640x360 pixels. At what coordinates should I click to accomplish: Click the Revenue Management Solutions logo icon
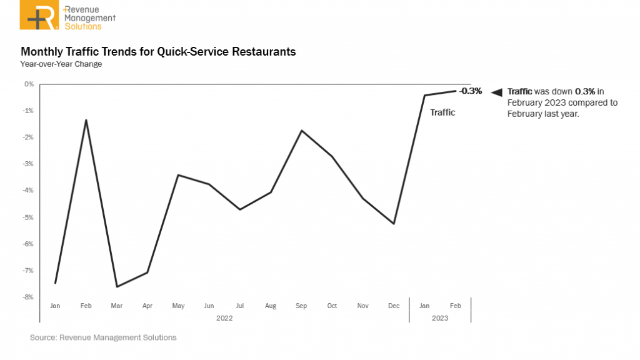pyautogui.click(x=41, y=16)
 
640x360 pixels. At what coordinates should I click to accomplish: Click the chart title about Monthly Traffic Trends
pyautogui.click(x=158, y=51)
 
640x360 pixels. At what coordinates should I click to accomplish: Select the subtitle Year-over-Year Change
pyautogui.click(x=61, y=64)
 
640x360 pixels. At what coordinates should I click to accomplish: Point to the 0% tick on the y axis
pyautogui.click(x=29, y=84)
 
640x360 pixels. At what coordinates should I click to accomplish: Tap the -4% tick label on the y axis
pyautogui.click(x=29, y=191)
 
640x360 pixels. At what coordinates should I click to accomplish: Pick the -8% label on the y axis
pyautogui.click(x=29, y=297)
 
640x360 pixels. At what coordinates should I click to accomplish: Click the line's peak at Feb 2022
pyautogui.click(x=86, y=119)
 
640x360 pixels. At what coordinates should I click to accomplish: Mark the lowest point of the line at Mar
pyautogui.click(x=117, y=287)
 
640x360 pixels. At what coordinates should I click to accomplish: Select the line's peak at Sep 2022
pyautogui.click(x=302, y=131)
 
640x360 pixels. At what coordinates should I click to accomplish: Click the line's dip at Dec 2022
pyautogui.click(x=394, y=224)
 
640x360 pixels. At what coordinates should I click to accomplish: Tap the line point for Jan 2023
pyautogui.click(x=424, y=95)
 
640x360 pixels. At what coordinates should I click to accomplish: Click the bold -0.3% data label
pyautogui.click(x=471, y=91)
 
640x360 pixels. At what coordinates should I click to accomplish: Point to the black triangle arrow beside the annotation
pyautogui.click(x=496, y=92)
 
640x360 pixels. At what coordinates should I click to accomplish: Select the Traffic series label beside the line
pyautogui.click(x=442, y=113)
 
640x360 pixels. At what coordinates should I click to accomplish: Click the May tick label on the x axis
pyautogui.click(x=178, y=306)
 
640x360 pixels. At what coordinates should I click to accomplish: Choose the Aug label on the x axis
pyautogui.click(x=271, y=306)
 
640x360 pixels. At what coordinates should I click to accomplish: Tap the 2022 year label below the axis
pyautogui.click(x=224, y=317)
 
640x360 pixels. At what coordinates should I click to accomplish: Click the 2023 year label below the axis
pyautogui.click(x=440, y=317)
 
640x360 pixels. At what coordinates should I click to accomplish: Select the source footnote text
pyautogui.click(x=103, y=337)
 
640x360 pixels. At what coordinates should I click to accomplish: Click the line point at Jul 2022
pyautogui.click(x=240, y=209)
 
